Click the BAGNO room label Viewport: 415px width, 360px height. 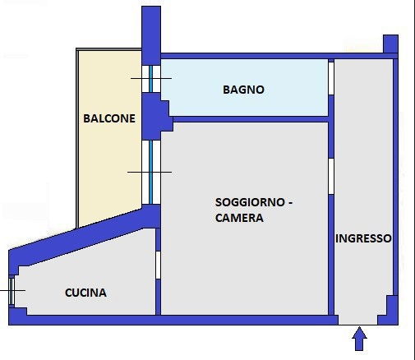click(243, 90)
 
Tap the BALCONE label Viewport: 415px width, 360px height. click(109, 118)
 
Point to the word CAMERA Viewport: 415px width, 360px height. click(239, 219)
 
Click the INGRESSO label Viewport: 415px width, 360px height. click(363, 238)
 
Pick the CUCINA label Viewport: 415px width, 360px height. click(85, 293)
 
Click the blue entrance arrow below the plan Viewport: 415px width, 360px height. click(359, 338)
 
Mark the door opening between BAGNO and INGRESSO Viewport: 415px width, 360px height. click(331, 78)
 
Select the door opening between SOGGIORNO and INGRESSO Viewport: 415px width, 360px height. click(331, 176)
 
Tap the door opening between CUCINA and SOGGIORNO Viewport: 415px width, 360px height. click(158, 265)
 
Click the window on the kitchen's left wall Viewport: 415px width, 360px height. click(12, 291)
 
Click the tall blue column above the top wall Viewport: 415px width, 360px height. click(151, 28)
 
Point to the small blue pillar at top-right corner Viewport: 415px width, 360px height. click(391, 44)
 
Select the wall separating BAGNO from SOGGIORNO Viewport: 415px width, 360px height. click(247, 118)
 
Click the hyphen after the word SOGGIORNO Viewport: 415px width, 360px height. click(291, 202)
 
